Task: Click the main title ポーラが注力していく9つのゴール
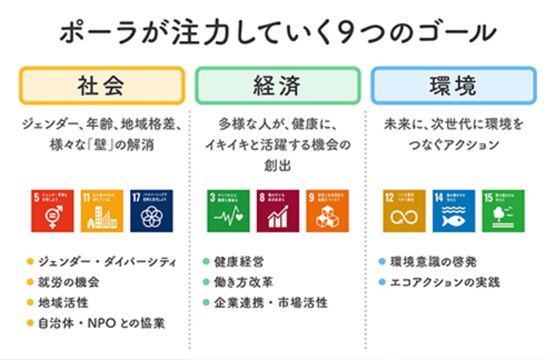(278, 33)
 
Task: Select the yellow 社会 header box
(101, 85)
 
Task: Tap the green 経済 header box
(277, 85)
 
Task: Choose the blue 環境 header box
(453, 85)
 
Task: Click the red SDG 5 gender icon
(52, 211)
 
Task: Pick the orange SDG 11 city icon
(101, 211)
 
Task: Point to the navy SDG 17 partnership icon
(152, 211)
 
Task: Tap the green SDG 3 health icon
(228, 211)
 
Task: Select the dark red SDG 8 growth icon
(277, 211)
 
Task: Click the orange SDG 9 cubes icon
(327, 211)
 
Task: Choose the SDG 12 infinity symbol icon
(404, 211)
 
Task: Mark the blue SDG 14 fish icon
(453, 211)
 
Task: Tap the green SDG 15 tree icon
(503, 211)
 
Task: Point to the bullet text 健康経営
(239, 262)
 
